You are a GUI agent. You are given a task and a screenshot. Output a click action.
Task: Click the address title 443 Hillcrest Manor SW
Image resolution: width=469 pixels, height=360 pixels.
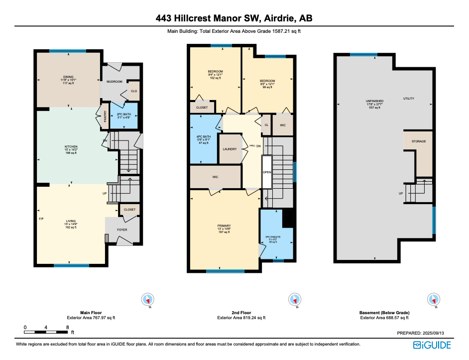coord(234,18)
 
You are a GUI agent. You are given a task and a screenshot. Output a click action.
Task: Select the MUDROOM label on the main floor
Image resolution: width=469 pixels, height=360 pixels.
coord(115,81)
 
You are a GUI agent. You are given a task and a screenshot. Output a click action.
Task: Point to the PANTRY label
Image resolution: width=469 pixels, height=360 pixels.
coord(105,117)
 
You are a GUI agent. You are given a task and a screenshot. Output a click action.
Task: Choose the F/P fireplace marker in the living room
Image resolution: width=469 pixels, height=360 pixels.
coord(41,219)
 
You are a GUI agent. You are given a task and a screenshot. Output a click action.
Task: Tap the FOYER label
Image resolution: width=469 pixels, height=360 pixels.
coord(122,230)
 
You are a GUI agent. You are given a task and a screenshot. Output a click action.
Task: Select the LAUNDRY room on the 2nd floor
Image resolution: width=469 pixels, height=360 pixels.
coord(230,149)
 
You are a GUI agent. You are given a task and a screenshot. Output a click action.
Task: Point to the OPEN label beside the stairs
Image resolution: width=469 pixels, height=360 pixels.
coord(267,172)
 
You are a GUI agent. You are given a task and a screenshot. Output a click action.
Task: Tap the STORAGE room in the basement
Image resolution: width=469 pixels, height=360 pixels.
coord(418,141)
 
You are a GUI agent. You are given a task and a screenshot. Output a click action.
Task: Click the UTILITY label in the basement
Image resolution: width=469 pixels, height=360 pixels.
coord(409,99)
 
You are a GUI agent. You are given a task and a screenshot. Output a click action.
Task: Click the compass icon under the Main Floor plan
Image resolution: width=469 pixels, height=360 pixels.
coord(148,300)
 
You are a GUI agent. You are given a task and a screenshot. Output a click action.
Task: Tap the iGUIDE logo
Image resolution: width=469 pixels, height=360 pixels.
coord(432,345)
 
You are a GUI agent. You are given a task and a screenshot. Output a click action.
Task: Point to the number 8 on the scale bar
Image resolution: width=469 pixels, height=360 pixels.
coord(67,327)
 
